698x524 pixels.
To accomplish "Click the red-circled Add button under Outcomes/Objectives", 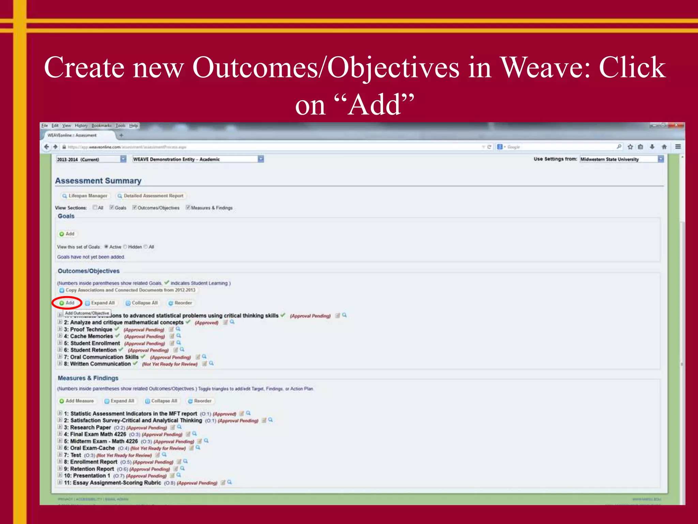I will (x=67, y=303).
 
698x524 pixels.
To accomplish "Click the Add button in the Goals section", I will (x=67, y=234).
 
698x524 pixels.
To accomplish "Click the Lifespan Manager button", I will (x=85, y=196).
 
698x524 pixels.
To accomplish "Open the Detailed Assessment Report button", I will (x=151, y=196).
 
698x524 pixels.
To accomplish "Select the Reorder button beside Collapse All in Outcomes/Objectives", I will (x=180, y=303).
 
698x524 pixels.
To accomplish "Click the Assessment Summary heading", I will (x=98, y=181).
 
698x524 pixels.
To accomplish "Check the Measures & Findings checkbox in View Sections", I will (x=188, y=207).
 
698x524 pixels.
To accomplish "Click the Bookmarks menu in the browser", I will (x=101, y=126).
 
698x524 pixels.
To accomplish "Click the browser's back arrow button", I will (x=46, y=147).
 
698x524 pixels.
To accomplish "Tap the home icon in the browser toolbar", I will (x=664, y=147).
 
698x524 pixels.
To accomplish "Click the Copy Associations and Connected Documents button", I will (x=128, y=290).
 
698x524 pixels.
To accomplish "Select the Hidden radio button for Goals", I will (x=125, y=247).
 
